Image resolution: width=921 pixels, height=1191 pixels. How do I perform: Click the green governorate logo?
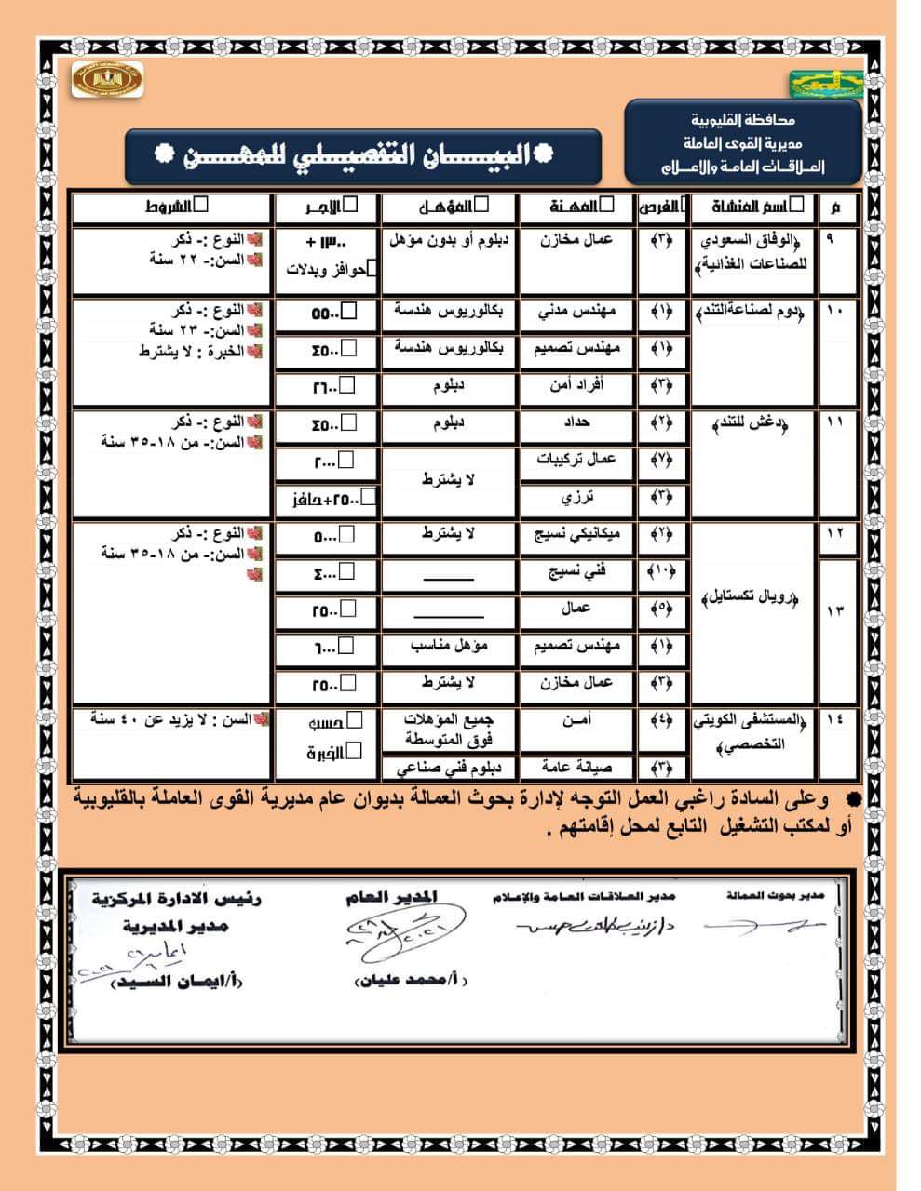[x=825, y=84]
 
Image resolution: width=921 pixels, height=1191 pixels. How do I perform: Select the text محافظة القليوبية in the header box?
[x=743, y=120]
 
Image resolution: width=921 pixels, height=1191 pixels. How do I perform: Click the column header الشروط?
[x=171, y=207]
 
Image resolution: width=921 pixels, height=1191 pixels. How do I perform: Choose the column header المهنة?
[x=576, y=207]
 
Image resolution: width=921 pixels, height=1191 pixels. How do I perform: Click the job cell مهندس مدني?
[x=576, y=313]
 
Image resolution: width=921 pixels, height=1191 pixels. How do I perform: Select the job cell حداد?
[x=576, y=423]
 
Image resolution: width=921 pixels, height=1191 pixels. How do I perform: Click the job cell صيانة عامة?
[x=576, y=768]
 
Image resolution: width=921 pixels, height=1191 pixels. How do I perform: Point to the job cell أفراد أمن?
[x=576, y=385]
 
